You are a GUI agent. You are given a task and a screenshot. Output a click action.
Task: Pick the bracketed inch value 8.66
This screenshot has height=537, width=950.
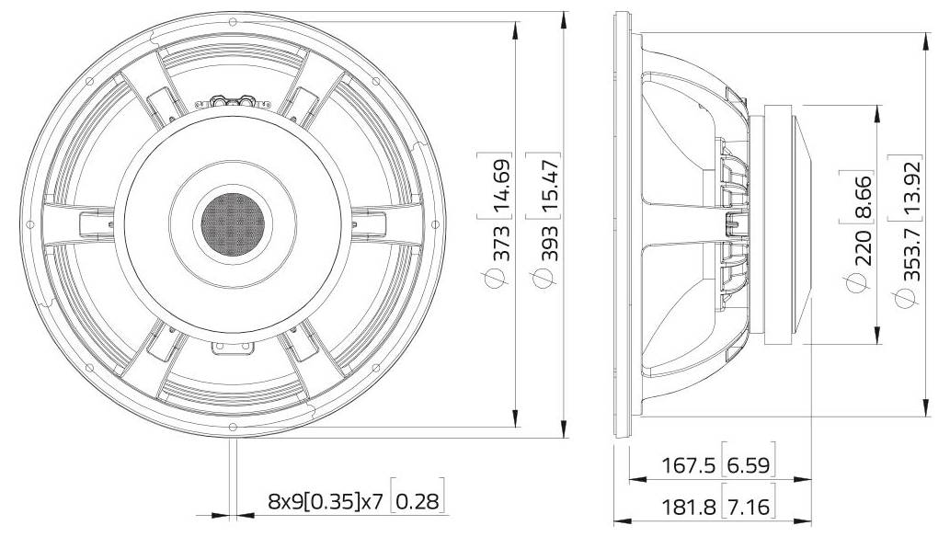click(x=863, y=196)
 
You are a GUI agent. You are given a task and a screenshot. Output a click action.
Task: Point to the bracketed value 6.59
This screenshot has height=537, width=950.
click(x=750, y=466)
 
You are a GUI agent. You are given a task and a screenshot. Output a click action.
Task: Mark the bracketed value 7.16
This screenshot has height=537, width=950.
click(x=750, y=506)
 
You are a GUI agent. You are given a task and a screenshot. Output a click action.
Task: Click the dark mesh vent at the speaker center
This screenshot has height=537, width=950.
click(x=233, y=221)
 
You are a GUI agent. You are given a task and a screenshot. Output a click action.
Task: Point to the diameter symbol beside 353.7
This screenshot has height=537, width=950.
click(x=909, y=297)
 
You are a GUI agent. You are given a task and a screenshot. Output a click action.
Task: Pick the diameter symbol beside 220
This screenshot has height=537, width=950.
click(x=863, y=288)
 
